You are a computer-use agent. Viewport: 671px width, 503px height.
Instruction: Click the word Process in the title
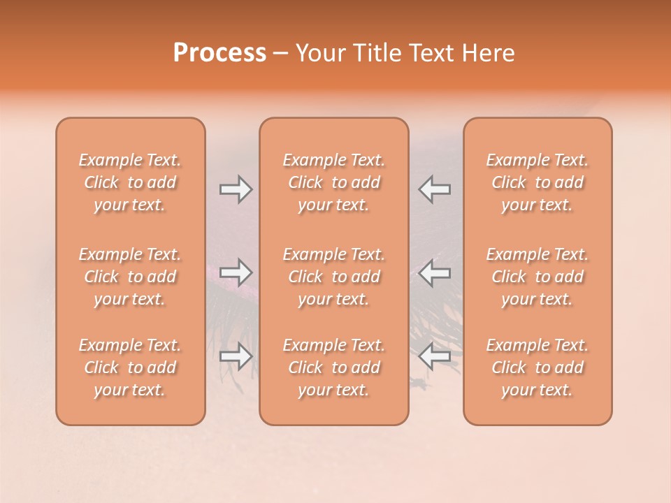tap(219, 53)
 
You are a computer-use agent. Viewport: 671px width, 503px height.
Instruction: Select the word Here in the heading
tap(489, 53)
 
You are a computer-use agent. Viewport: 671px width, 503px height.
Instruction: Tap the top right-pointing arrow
tap(236, 189)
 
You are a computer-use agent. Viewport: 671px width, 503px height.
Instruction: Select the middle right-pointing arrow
tap(236, 273)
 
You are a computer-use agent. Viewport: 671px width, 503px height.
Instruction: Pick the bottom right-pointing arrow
tap(236, 356)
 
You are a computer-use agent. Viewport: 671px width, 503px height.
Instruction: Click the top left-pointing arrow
tap(434, 189)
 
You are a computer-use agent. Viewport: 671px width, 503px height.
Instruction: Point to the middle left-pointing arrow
tap(434, 273)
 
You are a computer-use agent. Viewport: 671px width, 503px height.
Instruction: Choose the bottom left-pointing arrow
tap(434, 356)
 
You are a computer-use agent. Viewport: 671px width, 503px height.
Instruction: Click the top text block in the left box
tap(130, 182)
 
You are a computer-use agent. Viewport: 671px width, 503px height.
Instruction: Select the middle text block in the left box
tap(130, 277)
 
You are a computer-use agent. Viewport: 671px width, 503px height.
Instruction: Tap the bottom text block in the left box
tap(130, 367)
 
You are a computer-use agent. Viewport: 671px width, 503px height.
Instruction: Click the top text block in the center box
tap(334, 182)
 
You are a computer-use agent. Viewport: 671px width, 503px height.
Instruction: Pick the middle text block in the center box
tap(334, 277)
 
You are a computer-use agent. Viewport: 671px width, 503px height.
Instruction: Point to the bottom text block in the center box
tap(334, 367)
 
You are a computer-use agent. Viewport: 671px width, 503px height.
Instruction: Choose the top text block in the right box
tap(537, 182)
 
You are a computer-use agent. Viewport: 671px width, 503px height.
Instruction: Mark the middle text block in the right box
tap(537, 277)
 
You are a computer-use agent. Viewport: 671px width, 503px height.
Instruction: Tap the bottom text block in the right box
tap(537, 367)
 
